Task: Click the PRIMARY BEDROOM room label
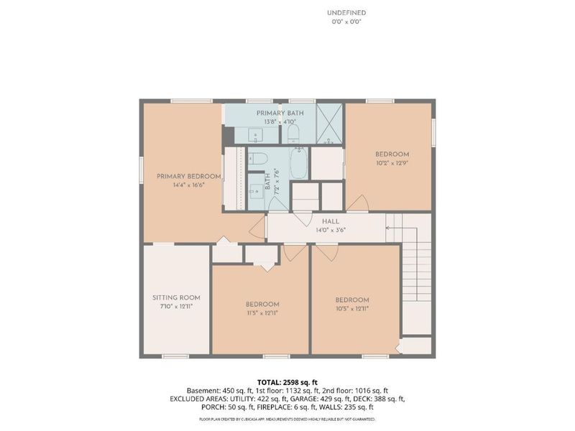click(x=189, y=177)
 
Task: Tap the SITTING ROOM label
click(x=176, y=298)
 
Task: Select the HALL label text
click(x=331, y=222)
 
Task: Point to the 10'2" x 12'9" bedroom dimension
click(x=392, y=163)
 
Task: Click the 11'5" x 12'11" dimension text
click(x=262, y=313)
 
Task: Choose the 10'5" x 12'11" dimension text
click(x=352, y=309)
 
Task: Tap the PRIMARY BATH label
click(x=280, y=113)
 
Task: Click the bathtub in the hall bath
click(x=299, y=163)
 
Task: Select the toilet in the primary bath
click(x=294, y=134)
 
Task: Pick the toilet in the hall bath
click(x=258, y=159)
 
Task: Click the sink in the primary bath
click(x=256, y=135)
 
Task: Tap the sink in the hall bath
click(x=256, y=190)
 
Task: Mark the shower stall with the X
click(x=330, y=124)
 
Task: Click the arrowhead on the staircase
click(x=387, y=228)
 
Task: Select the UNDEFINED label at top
click(x=346, y=13)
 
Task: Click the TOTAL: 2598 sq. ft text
click(x=287, y=383)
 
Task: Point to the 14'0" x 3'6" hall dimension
click(x=331, y=231)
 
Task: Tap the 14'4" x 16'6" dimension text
click(x=189, y=185)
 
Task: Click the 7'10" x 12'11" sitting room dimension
click(x=176, y=307)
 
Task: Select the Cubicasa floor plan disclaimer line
click(x=287, y=419)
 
